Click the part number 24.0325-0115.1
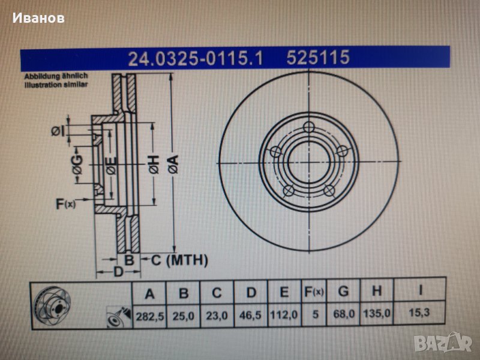tap(196, 58)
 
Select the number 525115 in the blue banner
tap(318, 57)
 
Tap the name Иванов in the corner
tap(38, 18)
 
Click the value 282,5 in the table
tap(149, 316)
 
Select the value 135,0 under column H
tap(377, 313)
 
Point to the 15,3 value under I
tap(419, 313)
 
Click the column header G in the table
tap(343, 291)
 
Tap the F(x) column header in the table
tap(314, 292)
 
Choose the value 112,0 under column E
tap(283, 314)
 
